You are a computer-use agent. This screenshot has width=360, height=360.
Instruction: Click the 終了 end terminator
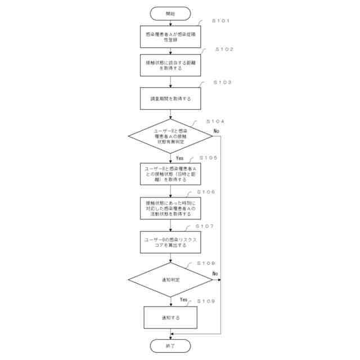coord(170,346)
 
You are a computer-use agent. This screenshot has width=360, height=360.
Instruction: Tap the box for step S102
coord(170,65)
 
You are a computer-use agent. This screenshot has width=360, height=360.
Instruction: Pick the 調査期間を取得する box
coord(170,98)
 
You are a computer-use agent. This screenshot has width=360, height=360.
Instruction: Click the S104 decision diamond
coord(170,137)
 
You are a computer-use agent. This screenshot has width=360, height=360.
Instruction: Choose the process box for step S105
coord(170,174)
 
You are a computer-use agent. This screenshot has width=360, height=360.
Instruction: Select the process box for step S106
coord(170,208)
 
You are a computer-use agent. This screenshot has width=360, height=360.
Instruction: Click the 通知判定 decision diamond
coord(170,280)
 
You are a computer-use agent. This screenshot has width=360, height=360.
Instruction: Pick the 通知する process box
coord(170,318)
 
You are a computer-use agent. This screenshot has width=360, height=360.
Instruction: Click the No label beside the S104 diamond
coord(216,130)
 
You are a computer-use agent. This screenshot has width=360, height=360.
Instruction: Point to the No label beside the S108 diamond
coord(215,274)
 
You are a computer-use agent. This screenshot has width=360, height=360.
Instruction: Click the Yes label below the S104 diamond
coord(179,159)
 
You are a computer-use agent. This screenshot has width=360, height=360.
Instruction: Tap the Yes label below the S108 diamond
coord(183,300)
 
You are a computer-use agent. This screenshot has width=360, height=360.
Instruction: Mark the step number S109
coord(206,301)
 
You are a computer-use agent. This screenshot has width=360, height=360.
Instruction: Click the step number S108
coord(206,263)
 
